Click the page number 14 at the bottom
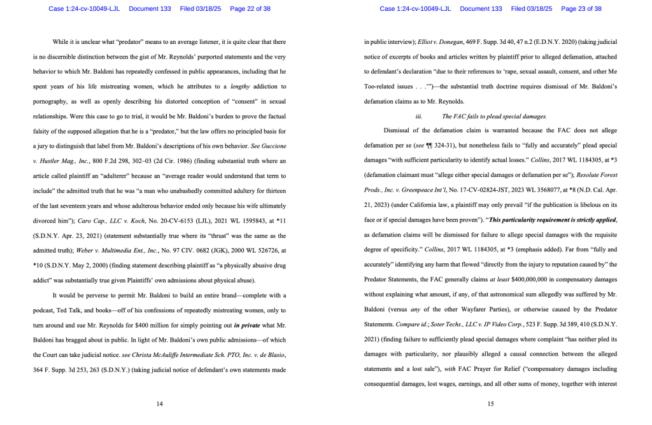click(160, 404)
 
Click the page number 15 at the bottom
click(491, 404)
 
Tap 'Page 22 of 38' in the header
click(241, 9)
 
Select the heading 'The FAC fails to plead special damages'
click(494, 116)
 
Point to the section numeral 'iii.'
click(418, 116)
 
